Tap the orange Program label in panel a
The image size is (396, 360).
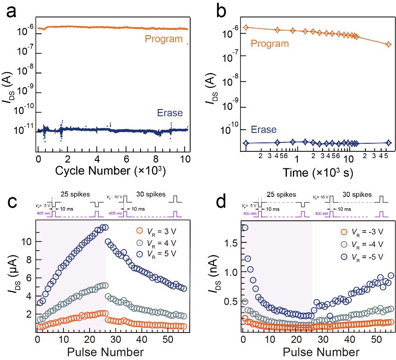click(x=163, y=39)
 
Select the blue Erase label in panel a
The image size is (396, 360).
click(x=169, y=114)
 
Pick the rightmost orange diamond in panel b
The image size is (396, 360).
click(x=388, y=44)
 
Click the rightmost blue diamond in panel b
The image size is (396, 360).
click(x=388, y=143)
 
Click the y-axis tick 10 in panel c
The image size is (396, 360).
click(x=27, y=242)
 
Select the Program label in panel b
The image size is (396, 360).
click(x=269, y=44)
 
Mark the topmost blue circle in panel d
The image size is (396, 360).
click(x=245, y=228)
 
